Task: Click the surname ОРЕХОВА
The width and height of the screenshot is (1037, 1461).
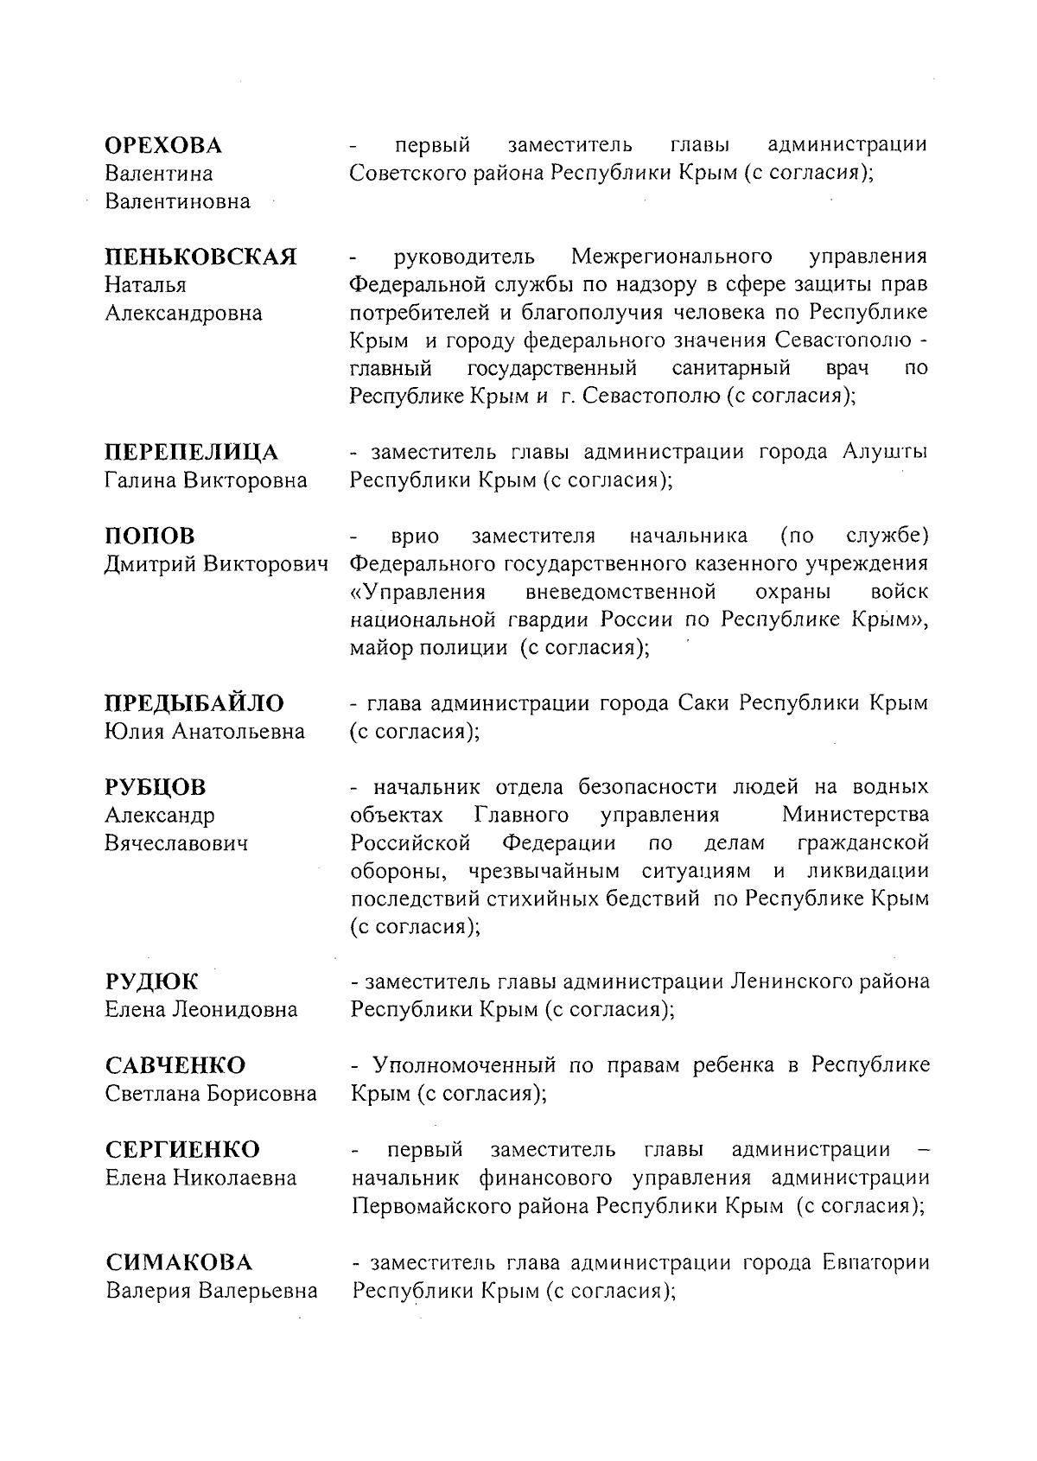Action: [x=163, y=145]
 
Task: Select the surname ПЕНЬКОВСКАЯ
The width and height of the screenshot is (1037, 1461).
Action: [x=200, y=257]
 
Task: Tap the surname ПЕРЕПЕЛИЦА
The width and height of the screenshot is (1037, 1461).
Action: [x=191, y=453]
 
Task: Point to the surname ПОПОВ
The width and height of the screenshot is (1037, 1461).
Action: [x=150, y=536]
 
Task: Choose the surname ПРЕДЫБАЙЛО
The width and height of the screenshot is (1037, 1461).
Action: [x=194, y=703]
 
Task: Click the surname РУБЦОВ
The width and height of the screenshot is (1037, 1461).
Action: [x=156, y=787]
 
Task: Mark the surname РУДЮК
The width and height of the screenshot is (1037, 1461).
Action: [x=151, y=982]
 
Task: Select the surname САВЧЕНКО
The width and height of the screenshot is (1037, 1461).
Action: [x=175, y=1065]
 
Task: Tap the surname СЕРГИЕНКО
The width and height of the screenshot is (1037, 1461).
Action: [x=182, y=1150]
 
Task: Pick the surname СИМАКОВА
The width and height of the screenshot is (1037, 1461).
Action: [x=179, y=1263]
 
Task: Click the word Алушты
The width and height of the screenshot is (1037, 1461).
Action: [x=885, y=453]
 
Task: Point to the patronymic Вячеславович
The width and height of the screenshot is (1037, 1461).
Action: [x=176, y=843]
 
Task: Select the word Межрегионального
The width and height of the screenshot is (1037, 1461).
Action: [x=671, y=257]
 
